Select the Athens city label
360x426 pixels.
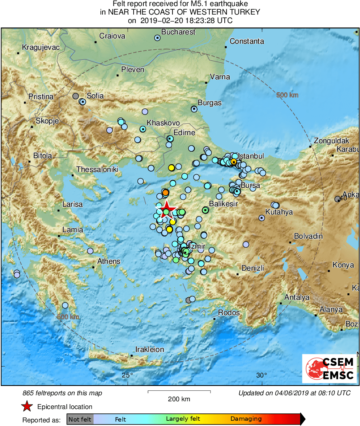(x=109, y=261)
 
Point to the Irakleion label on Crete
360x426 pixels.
(x=149, y=349)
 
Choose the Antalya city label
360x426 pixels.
(x=296, y=297)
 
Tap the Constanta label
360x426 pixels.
(x=247, y=41)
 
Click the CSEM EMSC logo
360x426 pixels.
(x=330, y=368)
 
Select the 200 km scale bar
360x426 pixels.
(x=179, y=392)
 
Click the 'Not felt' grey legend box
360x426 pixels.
(x=80, y=419)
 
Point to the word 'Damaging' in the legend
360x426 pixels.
(x=246, y=419)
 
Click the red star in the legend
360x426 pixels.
(x=27, y=407)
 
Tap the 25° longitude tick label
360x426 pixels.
(x=128, y=375)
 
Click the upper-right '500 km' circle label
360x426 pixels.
(x=287, y=95)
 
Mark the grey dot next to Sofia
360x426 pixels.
(x=75, y=96)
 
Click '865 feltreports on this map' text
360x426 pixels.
(x=62, y=393)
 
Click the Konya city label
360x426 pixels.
(x=343, y=265)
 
